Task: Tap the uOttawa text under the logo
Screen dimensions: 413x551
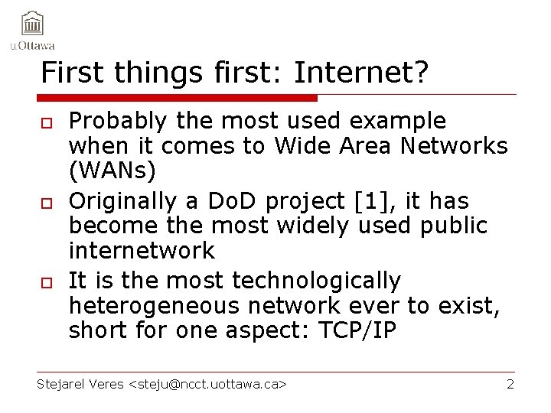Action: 32,45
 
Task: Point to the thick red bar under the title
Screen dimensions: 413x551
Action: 177,98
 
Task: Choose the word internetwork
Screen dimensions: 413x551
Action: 142,250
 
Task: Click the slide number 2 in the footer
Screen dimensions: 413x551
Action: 510,384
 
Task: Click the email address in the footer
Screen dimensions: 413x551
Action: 209,384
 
